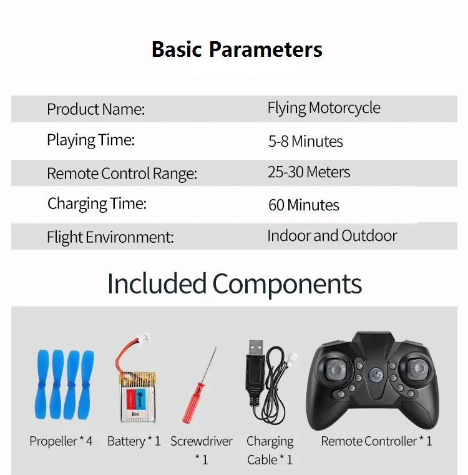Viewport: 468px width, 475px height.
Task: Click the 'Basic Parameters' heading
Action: [x=237, y=49]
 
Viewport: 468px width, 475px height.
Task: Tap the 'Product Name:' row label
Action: [x=95, y=109]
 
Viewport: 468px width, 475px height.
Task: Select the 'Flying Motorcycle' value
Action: [x=324, y=108]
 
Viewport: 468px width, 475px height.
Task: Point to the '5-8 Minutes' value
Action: [x=305, y=141]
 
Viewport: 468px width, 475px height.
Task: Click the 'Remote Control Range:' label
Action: [x=122, y=174]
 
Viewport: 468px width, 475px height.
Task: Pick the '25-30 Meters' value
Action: [x=309, y=172]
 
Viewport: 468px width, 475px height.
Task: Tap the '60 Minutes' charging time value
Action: [x=303, y=205]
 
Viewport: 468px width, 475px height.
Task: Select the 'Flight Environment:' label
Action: [x=110, y=237]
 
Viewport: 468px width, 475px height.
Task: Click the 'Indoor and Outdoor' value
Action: [x=332, y=236]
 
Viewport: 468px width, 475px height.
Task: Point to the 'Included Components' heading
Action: [x=235, y=283]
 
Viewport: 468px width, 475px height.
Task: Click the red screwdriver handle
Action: [x=193, y=403]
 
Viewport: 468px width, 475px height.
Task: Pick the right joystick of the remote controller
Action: [x=418, y=369]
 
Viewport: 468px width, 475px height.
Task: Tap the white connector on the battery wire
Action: [x=144, y=338]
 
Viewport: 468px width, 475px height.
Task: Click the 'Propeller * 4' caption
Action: [x=61, y=441]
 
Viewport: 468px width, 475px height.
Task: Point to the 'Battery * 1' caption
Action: [x=134, y=441]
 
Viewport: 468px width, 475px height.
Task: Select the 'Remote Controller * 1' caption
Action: [x=376, y=441]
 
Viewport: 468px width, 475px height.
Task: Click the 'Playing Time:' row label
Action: [x=90, y=140]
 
